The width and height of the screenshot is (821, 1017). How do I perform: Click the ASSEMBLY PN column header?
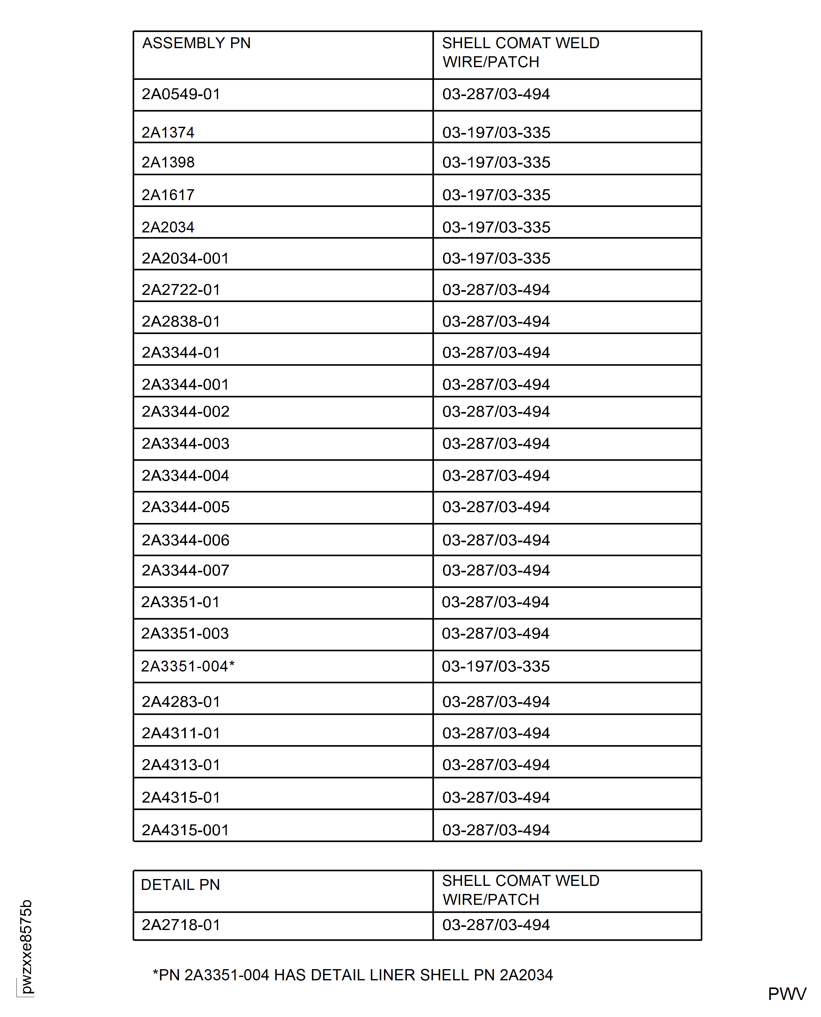(x=196, y=43)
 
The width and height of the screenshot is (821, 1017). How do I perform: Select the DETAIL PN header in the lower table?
(x=180, y=885)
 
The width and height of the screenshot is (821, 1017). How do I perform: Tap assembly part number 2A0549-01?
(x=181, y=94)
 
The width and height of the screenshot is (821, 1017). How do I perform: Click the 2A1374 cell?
(x=168, y=132)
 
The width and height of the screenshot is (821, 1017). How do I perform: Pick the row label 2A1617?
(x=168, y=195)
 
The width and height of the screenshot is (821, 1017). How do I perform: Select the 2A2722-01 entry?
(x=181, y=290)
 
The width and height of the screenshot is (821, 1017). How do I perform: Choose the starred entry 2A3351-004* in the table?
(x=188, y=666)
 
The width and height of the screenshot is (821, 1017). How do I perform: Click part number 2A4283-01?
(x=181, y=702)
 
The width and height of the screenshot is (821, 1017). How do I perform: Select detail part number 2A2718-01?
(x=181, y=924)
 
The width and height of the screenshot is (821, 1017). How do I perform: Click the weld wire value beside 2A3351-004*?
(x=496, y=666)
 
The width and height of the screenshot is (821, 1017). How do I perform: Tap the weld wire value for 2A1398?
(x=496, y=162)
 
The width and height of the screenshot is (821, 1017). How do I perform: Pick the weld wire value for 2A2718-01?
(x=496, y=924)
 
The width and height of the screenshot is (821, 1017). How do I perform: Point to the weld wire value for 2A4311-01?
(x=496, y=733)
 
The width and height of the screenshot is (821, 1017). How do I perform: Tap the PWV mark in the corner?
(x=787, y=994)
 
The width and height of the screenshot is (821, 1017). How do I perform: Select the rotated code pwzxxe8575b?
(x=26, y=946)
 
